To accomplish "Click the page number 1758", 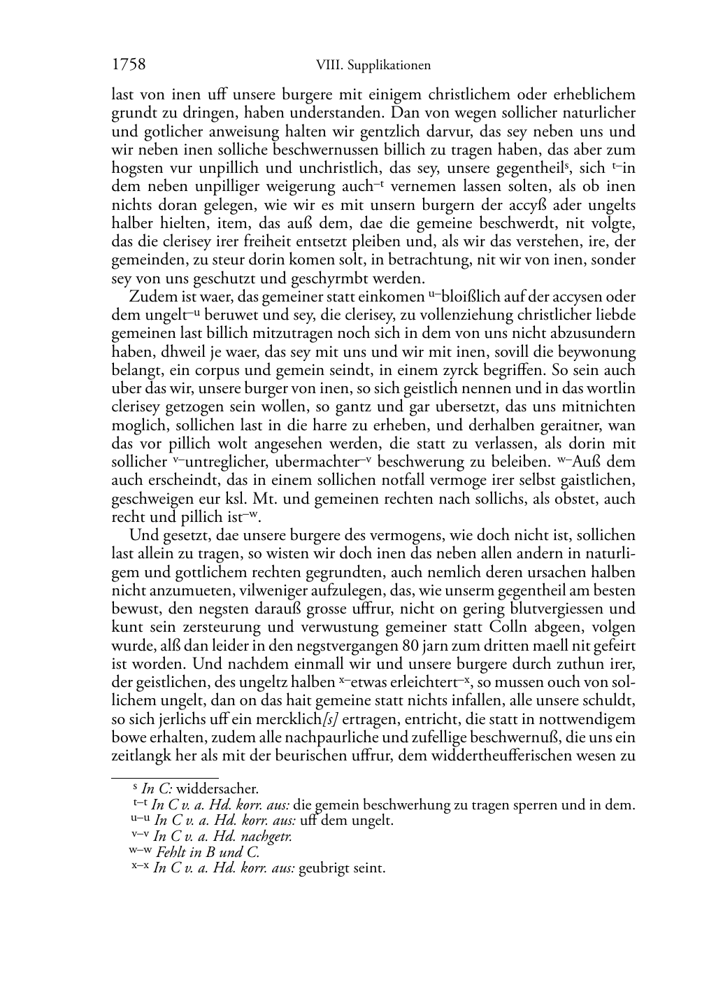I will click(x=129, y=65).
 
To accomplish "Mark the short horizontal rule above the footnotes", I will click(x=165, y=777).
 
